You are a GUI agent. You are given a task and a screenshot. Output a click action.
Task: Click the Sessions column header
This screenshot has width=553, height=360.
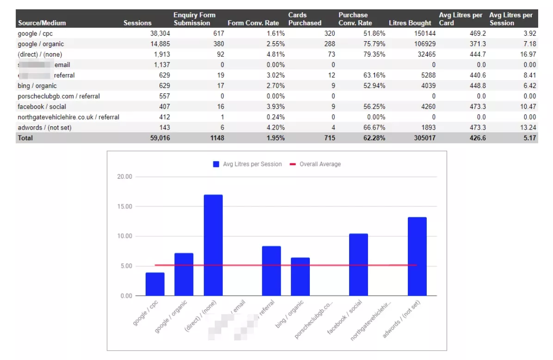click(x=137, y=23)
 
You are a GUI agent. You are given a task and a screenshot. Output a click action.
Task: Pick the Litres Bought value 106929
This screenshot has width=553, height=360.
click(x=421, y=44)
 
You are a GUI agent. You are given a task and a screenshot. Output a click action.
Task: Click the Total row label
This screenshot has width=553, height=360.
click(x=25, y=138)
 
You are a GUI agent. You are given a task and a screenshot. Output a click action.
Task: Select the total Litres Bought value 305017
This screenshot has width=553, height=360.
click(x=421, y=138)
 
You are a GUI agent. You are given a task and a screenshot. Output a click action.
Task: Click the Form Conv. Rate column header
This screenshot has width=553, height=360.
click(x=253, y=23)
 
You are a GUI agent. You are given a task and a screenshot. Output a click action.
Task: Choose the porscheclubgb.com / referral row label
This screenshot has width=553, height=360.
click(x=59, y=96)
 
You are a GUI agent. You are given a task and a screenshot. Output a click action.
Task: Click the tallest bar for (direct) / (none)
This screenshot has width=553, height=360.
click(x=213, y=245)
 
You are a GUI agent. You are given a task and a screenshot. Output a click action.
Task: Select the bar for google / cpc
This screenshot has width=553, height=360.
click(x=155, y=284)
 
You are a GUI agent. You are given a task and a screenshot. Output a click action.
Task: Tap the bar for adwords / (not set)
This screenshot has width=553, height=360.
click(x=417, y=256)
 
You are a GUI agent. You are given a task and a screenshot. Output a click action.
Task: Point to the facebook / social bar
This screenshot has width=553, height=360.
click(x=358, y=265)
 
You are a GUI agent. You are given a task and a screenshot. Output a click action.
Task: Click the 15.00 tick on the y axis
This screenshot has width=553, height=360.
click(x=125, y=206)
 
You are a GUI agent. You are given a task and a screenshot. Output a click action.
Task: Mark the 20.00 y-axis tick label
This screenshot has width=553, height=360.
click(x=125, y=177)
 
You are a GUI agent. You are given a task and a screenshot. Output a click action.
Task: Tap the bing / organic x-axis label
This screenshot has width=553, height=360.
click(x=290, y=315)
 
